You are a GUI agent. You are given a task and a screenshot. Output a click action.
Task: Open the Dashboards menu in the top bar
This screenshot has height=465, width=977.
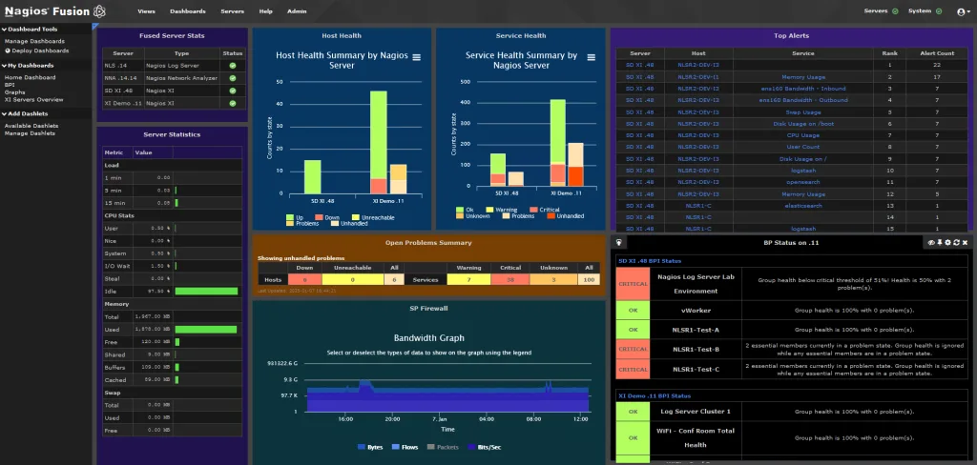click(187, 11)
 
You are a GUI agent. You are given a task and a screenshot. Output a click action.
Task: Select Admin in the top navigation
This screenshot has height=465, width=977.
click(297, 11)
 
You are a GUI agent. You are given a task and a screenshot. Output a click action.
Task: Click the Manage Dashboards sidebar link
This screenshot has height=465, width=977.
click(34, 42)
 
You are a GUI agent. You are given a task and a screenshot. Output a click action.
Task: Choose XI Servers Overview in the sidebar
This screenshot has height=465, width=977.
click(33, 100)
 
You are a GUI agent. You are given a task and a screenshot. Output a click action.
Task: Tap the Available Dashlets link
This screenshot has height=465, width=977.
click(31, 125)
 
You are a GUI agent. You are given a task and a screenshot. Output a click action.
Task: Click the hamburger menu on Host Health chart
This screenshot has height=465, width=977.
click(416, 59)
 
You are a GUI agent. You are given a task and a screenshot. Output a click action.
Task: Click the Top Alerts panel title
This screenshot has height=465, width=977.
click(791, 35)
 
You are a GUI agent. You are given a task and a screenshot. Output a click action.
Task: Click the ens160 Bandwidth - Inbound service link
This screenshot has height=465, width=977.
click(791, 88)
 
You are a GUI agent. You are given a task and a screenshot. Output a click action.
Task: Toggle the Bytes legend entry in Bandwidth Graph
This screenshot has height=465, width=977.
click(372, 446)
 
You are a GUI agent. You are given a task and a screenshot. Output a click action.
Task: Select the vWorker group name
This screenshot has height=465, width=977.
click(695, 311)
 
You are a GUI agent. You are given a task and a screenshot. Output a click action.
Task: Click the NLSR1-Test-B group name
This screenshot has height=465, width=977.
click(695, 349)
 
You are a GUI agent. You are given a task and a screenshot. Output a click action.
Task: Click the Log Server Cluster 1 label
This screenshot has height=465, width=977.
click(695, 412)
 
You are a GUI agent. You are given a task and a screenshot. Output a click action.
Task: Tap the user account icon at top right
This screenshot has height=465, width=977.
click(961, 11)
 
